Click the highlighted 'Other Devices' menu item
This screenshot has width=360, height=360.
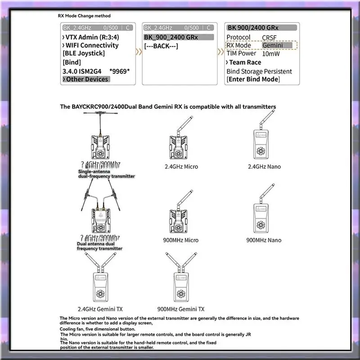[87, 79]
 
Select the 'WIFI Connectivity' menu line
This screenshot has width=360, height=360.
[92, 45]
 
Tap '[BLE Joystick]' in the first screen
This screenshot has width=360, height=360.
[84, 54]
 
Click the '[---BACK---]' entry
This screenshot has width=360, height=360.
[162, 46]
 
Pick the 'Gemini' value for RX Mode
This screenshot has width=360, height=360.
[273, 45]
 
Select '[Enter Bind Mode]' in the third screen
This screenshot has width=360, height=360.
[253, 79]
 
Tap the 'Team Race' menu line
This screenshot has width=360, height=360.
[245, 62]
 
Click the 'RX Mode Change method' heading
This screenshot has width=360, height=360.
[85, 16]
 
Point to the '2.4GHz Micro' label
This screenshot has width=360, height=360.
[181, 166]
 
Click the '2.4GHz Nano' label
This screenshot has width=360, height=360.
[264, 166]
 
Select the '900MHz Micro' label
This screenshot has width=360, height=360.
[181, 240]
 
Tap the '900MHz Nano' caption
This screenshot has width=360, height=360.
[264, 240]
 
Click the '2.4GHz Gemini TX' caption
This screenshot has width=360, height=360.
[100, 309]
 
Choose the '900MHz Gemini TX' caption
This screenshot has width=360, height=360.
[182, 309]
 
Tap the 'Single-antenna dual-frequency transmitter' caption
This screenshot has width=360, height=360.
[106, 174]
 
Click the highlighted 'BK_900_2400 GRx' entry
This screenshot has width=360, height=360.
[171, 37]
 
